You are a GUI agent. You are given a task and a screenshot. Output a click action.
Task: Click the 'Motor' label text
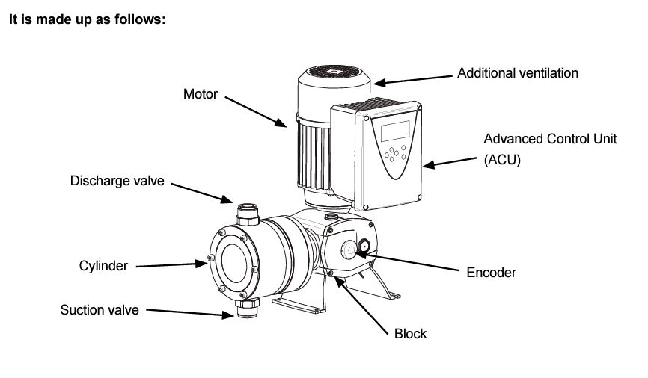click(x=200, y=95)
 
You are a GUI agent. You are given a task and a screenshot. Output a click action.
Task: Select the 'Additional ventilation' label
click(x=517, y=73)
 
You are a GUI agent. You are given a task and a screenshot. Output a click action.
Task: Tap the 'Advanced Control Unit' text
click(x=550, y=139)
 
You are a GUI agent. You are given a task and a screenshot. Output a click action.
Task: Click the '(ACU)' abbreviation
click(x=502, y=159)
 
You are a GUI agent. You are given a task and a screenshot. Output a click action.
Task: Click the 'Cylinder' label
click(x=104, y=266)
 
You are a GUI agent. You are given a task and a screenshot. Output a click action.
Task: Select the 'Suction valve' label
click(x=100, y=309)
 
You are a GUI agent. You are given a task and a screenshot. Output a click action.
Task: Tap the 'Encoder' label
click(x=491, y=273)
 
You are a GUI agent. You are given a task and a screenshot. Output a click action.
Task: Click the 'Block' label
click(x=410, y=333)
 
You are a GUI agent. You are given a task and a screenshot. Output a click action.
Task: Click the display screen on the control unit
click(x=394, y=131)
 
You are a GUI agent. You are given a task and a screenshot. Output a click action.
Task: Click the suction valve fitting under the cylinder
click(x=245, y=308)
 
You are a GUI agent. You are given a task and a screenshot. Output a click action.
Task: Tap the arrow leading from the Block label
click(x=365, y=303)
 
